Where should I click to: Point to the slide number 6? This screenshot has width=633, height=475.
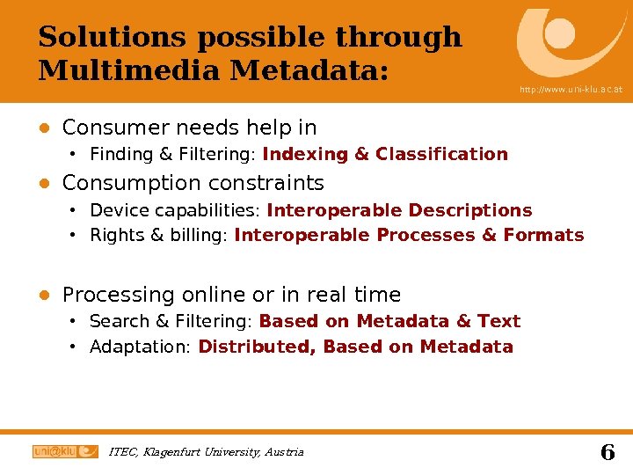pyautogui.click(x=607, y=452)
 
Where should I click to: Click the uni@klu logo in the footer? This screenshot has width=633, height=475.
pyautogui.click(x=65, y=451)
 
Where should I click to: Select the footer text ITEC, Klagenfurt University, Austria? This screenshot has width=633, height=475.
pyautogui.click(x=206, y=452)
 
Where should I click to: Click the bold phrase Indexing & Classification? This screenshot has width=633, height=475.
pyautogui.click(x=385, y=155)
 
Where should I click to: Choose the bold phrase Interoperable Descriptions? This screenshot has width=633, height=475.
pyautogui.click(x=399, y=210)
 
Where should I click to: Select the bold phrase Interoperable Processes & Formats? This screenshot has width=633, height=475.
pyautogui.click(x=409, y=235)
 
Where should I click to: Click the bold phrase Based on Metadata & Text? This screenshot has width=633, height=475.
pyautogui.click(x=389, y=321)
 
